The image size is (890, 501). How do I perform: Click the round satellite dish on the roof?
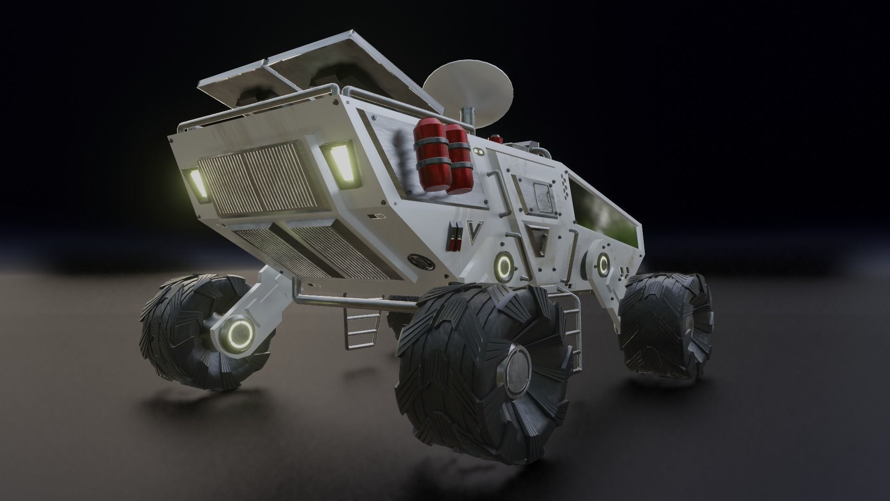point(468,88)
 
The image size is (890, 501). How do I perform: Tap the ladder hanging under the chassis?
point(362,329)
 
